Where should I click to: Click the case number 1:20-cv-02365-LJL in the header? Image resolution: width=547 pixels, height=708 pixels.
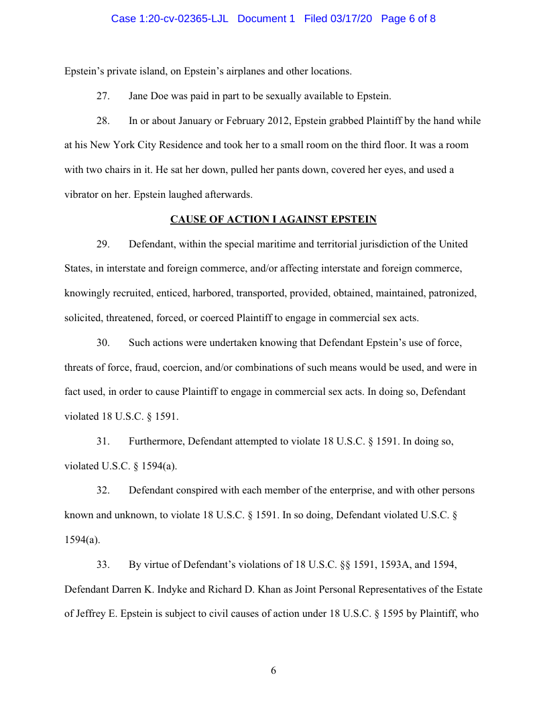[170, 19]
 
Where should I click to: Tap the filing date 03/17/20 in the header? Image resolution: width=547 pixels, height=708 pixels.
[353, 19]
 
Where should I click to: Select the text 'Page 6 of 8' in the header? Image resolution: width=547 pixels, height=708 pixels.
[408, 19]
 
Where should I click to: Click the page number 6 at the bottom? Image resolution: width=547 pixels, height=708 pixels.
[273, 670]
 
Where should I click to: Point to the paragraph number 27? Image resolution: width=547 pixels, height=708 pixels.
[103, 96]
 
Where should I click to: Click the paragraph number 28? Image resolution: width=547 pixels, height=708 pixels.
[103, 121]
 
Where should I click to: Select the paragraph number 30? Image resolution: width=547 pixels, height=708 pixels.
[103, 343]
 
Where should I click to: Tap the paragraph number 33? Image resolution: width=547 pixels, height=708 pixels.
[103, 565]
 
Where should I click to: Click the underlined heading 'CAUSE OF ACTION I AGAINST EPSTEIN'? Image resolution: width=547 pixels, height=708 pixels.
[273, 219]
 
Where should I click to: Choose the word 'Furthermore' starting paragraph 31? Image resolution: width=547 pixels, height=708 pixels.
[156, 441]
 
